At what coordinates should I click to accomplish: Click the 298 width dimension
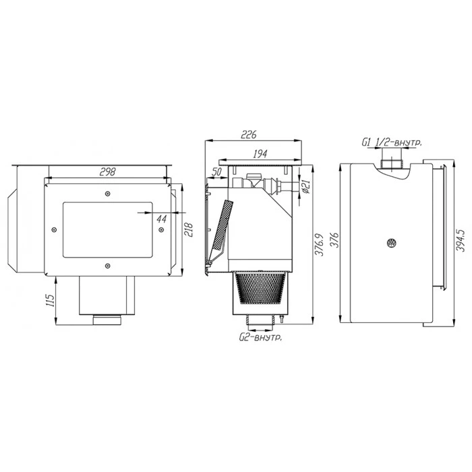(107, 172)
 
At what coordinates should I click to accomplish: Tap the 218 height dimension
(188, 230)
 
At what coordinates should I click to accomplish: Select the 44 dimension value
(162, 219)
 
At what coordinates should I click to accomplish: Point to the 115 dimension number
(51, 300)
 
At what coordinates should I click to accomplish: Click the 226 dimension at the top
(249, 134)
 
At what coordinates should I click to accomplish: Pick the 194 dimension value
(260, 154)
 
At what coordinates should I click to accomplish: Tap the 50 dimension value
(216, 172)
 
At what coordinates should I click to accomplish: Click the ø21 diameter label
(305, 187)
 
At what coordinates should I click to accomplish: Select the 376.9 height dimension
(320, 244)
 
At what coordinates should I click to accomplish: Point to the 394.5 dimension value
(461, 240)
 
